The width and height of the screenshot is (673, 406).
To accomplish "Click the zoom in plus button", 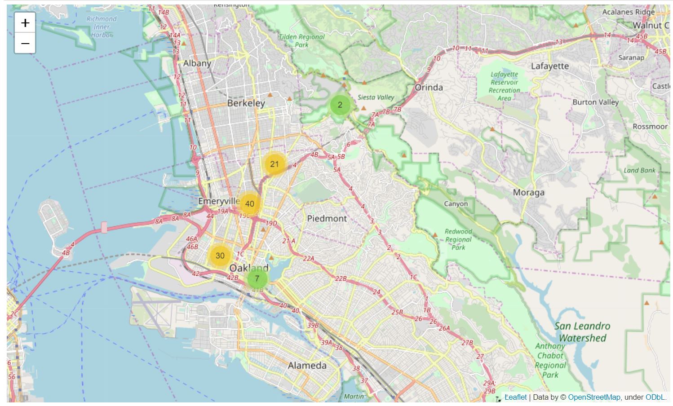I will click(25, 23).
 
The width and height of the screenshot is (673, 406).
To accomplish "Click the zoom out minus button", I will click(25, 44).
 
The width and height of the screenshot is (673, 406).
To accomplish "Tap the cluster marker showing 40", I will click(250, 204).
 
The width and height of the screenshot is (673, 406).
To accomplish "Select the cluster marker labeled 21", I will click(275, 164).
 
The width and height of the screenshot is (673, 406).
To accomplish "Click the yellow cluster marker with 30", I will click(220, 256).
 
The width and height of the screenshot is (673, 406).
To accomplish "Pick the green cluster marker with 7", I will click(257, 279).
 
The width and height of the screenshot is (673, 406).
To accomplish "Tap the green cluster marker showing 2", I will click(340, 105).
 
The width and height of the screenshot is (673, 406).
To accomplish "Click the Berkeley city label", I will click(246, 103).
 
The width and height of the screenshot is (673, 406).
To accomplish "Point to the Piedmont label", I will click(327, 219).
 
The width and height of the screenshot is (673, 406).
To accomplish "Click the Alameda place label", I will click(307, 366).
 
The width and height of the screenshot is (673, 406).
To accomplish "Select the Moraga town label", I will click(529, 193).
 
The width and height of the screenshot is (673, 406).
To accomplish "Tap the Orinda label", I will click(429, 88).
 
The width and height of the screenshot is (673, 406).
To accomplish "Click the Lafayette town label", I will click(549, 66).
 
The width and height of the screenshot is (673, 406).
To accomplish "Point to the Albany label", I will click(197, 63).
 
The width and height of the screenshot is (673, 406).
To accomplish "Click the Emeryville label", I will click(219, 201).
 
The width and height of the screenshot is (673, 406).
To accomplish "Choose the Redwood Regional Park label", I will click(458, 239).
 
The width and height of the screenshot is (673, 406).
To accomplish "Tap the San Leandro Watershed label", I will click(582, 332).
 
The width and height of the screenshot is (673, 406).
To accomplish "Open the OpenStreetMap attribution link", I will click(594, 397).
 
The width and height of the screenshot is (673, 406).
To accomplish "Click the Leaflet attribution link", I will click(515, 397).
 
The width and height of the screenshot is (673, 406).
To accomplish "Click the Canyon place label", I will click(456, 204).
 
